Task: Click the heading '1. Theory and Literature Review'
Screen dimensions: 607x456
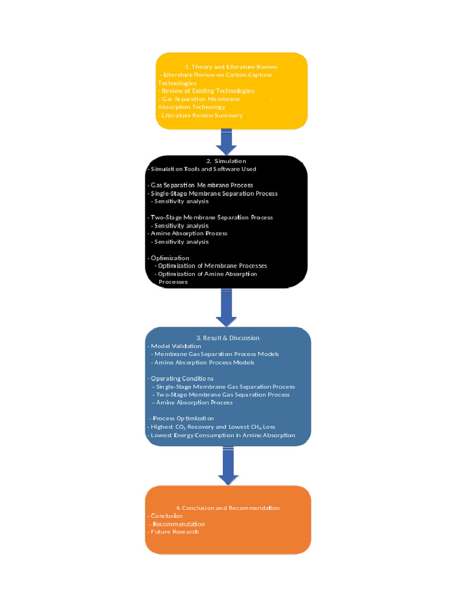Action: [x=231, y=67]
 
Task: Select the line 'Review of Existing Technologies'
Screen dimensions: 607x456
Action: [x=207, y=91]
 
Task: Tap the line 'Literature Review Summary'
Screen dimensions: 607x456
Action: [x=201, y=116]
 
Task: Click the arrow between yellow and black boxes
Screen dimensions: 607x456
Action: [x=226, y=142]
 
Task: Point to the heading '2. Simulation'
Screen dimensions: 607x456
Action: [x=226, y=161]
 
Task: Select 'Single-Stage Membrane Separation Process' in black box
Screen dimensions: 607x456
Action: [x=214, y=193]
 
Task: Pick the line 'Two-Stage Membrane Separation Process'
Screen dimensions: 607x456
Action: [x=211, y=218]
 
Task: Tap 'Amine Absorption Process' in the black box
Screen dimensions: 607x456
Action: [x=189, y=234]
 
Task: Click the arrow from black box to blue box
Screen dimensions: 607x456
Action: [x=226, y=307]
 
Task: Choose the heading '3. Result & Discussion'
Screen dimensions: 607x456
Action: [x=227, y=338]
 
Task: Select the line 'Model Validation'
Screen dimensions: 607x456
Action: [x=176, y=346]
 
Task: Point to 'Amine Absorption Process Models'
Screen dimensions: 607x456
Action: [x=204, y=362]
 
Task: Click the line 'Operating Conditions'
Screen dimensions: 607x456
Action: [x=182, y=378]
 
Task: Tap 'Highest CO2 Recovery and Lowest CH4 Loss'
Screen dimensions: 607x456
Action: [x=213, y=427]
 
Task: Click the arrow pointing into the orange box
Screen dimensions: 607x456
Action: [x=228, y=465]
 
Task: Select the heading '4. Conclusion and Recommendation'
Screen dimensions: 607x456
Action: [x=227, y=508]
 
